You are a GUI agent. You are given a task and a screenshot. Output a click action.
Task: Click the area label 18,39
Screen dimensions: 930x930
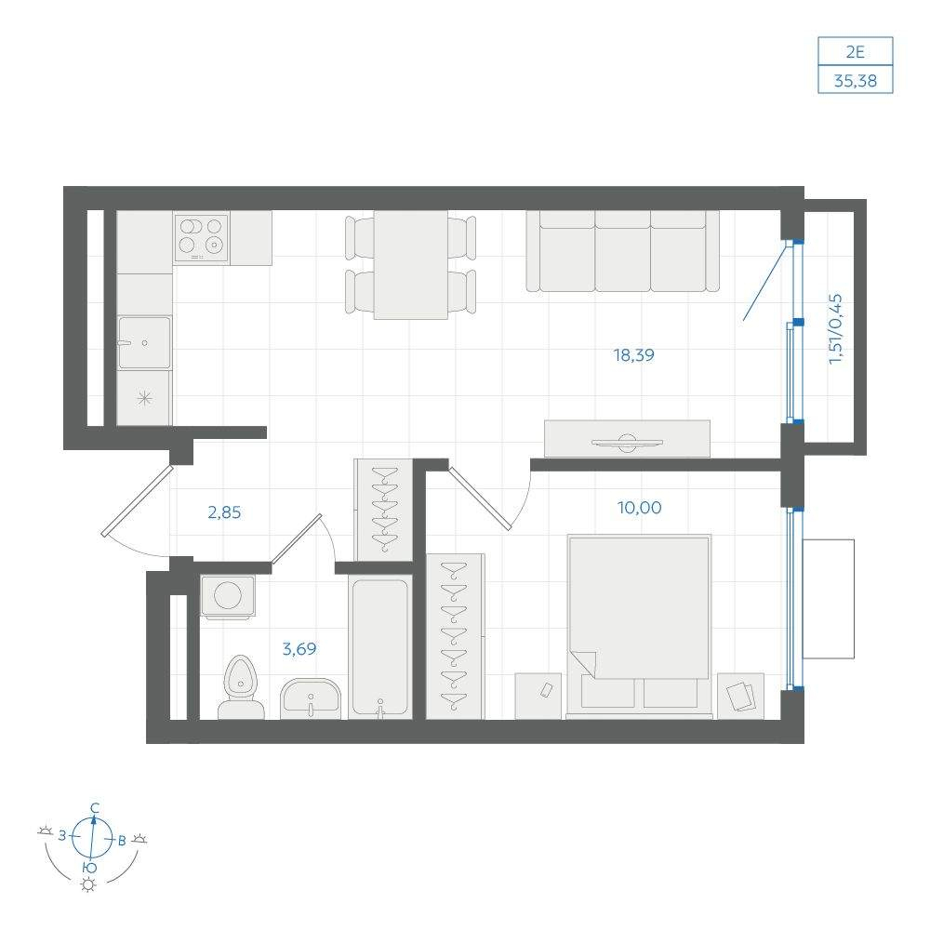[x=633, y=355]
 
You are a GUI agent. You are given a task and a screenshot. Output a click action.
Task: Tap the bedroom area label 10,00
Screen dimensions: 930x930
[x=640, y=508]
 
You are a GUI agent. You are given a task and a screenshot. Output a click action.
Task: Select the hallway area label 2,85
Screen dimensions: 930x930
[x=224, y=512]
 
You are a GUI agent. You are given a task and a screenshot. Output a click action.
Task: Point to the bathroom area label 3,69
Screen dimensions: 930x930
[x=299, y=649]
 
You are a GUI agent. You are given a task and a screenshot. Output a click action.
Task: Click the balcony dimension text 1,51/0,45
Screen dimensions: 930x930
[x=835, y=328]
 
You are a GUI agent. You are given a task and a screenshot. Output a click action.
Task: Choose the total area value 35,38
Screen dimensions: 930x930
[x=856, y=81]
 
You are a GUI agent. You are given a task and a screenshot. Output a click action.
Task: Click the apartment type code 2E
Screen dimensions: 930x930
[x=856, y=52]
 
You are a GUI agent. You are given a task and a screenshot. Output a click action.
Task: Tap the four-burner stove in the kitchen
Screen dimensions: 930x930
[x=201, y=237]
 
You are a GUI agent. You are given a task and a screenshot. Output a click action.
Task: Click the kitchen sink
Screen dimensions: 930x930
[x=144, y=343]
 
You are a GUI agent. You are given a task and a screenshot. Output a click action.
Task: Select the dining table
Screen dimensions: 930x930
[x=410, y=264]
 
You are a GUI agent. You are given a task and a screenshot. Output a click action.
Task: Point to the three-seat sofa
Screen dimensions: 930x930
[x=623, y=251]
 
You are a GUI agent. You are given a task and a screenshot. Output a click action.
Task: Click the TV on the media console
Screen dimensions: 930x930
[x=627, y=442]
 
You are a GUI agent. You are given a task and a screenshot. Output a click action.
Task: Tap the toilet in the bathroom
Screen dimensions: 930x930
[x=241, y=687]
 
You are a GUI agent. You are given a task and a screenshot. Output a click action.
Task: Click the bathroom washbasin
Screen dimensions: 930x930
[x=311, y=698]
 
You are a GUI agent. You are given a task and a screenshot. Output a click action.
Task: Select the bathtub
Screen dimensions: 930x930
[x=379, y=647]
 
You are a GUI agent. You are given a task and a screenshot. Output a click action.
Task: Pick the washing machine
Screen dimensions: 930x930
[x=228, y=596]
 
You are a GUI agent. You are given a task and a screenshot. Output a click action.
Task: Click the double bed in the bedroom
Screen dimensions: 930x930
[x=639, y=626]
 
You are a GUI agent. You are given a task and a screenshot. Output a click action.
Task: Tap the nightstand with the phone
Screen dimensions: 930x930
[x=538, y=696]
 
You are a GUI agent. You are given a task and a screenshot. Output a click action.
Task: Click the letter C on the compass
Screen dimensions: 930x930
[x=94, y=808]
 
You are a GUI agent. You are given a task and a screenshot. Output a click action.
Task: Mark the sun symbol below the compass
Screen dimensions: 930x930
[x=88, y=885]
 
